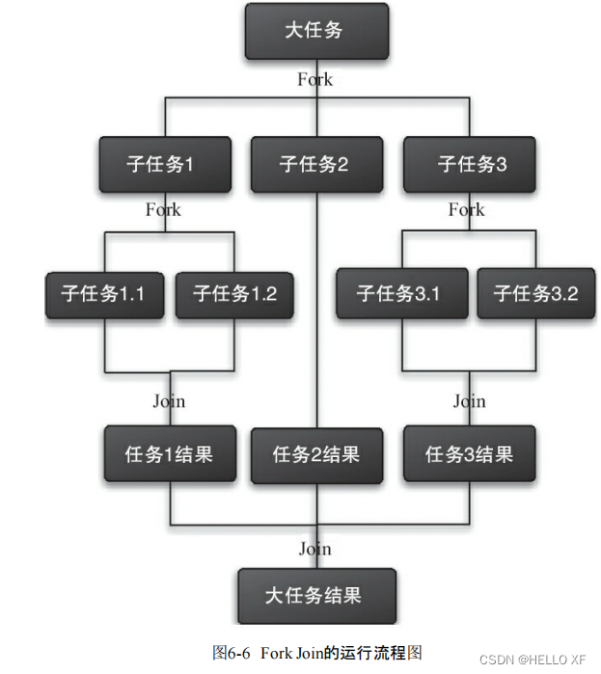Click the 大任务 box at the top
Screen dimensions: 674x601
pyautogui.click(x=315, y=31)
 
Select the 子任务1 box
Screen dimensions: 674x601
pyautogui.click(x=164, y=164)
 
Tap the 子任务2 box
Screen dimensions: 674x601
pyautogui.click(x=315, y=164)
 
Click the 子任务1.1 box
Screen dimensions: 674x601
pyautogui.click(x=104, y=294)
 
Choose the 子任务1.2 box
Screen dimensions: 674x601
pyautogui.click(x=234, y=294)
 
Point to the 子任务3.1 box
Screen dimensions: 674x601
pyautogui.click(x=398, y=294)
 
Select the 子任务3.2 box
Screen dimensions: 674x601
pyautogui.click(x=535, y=294)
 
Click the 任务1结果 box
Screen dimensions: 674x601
pyautogui.click(x=169, y=453)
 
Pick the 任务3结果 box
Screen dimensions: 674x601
pyautogui.click(x=469, y=453)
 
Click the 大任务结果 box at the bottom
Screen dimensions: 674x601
pyautogui.click(x=315, y=594)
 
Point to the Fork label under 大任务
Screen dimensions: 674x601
pyautogui.click(x=315, y=80)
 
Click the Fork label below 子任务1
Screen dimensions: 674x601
pyautogui.click(x=163, y=209)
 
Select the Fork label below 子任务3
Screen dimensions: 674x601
pyautogui.click(x=467, y=209)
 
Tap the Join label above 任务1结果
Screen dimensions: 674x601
pyautogui.click(x=170, y=401)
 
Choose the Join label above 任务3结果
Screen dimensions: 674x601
pyautogui.click(x=470, y=401)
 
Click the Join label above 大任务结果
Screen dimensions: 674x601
pyautogui.click(x=315, y=549)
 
